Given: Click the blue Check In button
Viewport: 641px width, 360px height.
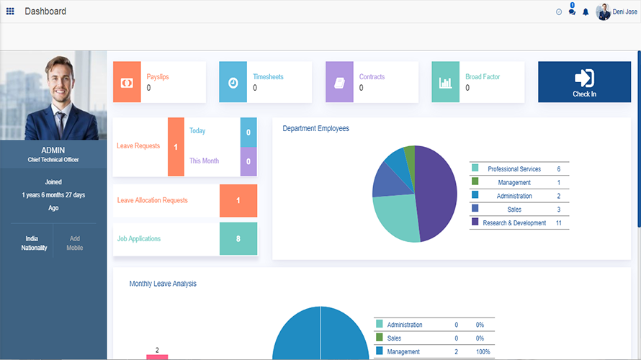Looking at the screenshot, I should [584, 82].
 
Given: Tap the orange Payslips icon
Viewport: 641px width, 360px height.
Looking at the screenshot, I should [127, 82].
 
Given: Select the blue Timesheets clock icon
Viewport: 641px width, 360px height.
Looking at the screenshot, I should [233, 82].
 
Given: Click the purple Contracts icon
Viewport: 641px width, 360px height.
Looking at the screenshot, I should [339, 82].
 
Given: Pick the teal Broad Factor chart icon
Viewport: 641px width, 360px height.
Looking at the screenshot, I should [446, 82].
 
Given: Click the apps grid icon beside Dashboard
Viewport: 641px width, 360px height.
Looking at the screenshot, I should [10, 12].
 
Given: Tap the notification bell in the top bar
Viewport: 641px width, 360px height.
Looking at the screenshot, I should [586, 12].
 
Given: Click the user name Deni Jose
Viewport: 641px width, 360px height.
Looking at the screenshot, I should [624, 12].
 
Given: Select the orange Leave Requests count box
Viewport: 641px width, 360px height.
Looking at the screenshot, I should [176, 147].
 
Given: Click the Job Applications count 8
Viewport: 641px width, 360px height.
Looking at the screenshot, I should [238, 239].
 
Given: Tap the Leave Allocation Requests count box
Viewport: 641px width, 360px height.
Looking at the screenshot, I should [238, 201].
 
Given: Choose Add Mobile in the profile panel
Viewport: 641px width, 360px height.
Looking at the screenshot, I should [75, 243].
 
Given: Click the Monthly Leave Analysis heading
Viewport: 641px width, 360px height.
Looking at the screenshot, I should [163, 284].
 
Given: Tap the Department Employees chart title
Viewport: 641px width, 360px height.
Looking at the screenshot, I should [315, 128].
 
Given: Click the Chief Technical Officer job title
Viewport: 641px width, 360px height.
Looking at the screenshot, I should [53, 160].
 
